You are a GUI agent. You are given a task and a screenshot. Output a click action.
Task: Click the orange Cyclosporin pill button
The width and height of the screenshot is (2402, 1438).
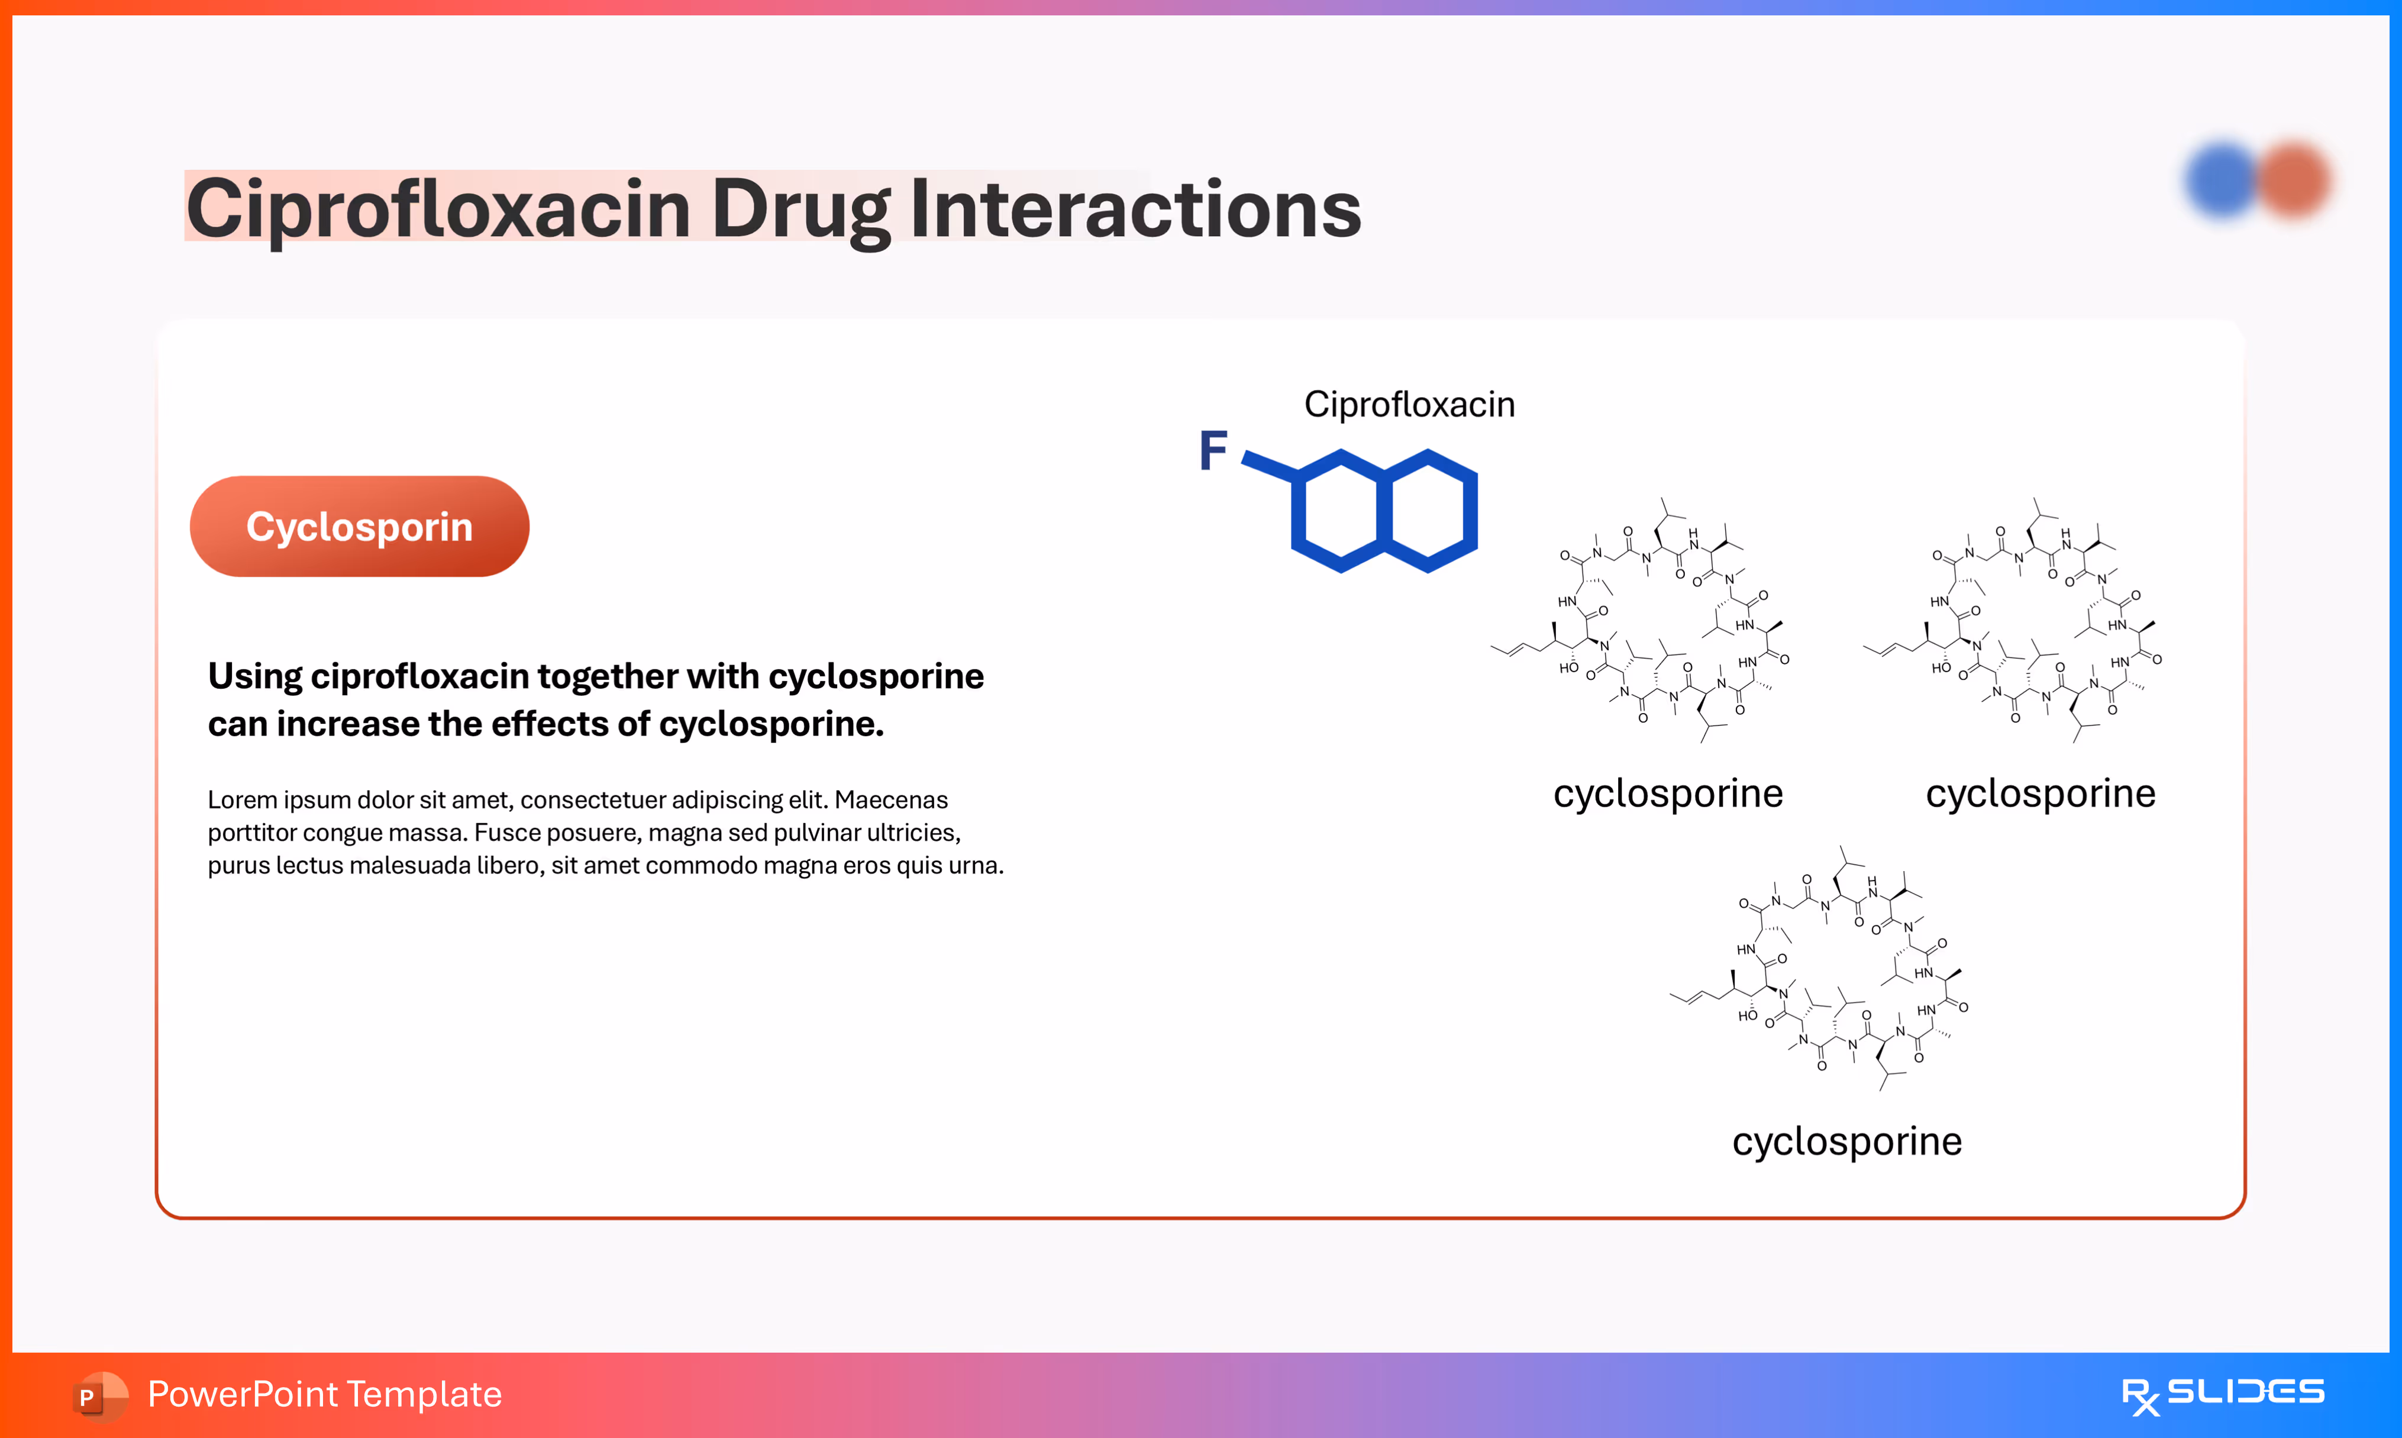pos(359,526)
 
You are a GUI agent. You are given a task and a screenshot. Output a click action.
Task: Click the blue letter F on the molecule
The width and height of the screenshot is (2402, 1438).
pos(1213,450)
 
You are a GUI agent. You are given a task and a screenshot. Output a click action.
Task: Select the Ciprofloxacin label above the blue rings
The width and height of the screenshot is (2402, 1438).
pos(1409,404)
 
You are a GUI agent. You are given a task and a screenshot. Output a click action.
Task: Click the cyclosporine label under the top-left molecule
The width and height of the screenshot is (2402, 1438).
pos(1668,794)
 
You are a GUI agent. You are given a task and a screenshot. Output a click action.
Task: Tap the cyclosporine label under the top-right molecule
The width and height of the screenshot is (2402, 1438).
pos(2040,794)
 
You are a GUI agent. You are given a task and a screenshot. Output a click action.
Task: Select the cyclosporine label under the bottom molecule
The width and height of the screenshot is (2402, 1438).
pos(1847,1142)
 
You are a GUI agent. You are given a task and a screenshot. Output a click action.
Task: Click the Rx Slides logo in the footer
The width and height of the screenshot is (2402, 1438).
pos(2222,1394)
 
